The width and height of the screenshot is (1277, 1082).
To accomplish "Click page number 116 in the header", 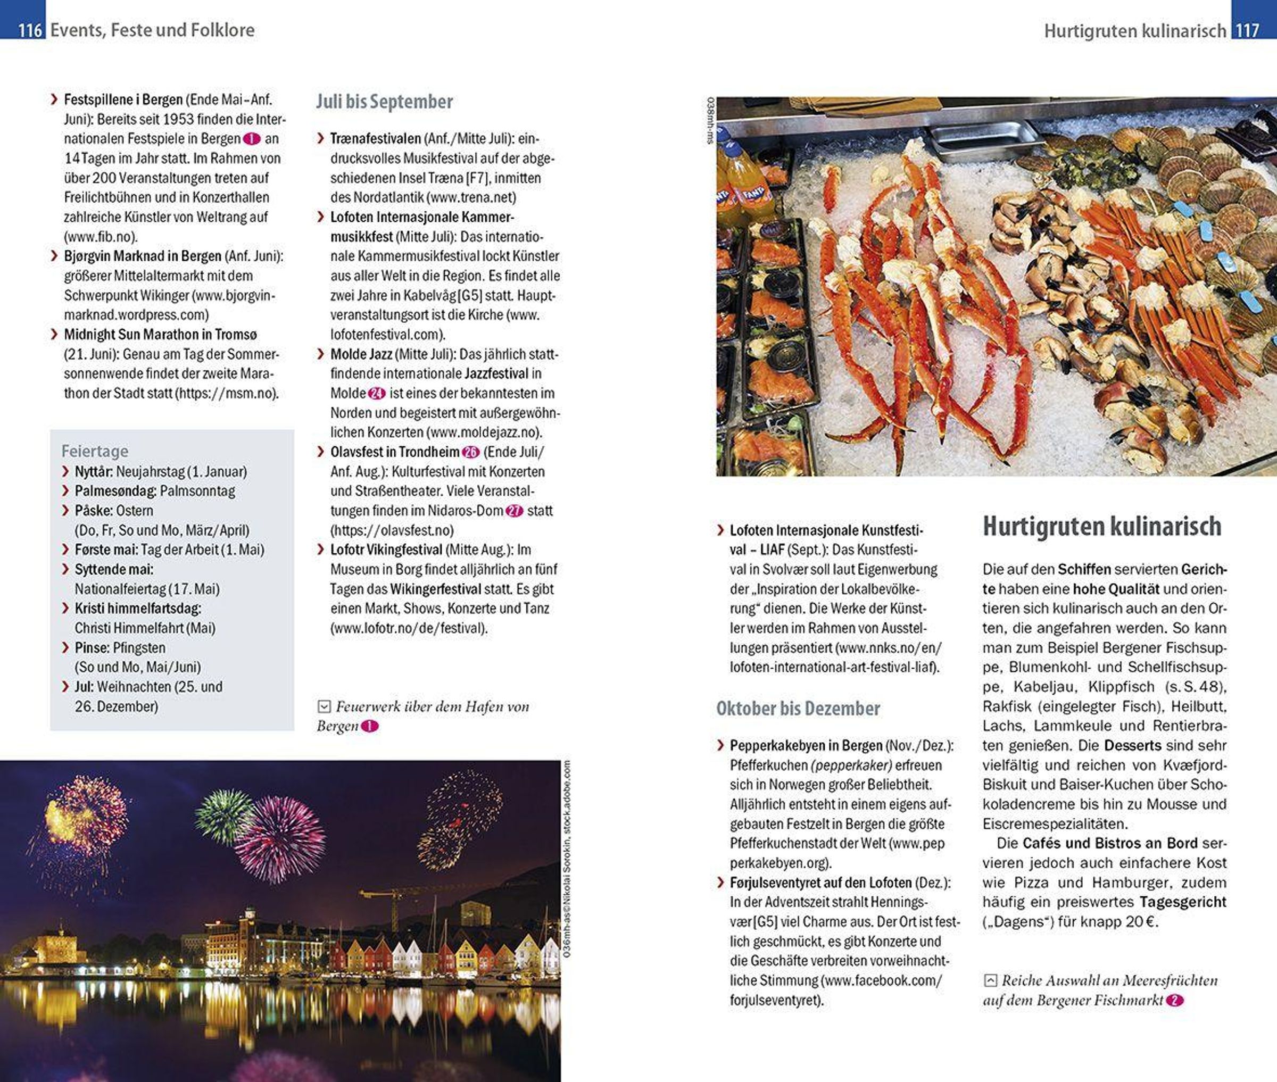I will click(x=29, y=30).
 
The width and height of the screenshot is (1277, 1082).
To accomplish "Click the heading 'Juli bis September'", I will click(x=385, y=102).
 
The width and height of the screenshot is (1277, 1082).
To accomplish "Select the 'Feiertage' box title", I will click(x=95, y=451).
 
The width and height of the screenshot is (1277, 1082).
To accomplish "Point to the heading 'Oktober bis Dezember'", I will click(x=798, y=709).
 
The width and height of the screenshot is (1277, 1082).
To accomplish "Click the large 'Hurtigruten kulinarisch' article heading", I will click(x=1101, y=526).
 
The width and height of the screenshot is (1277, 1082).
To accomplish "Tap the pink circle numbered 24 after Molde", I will click(x=376, y=393).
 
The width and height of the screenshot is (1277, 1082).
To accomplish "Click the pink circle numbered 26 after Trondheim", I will click(x=470, y=452).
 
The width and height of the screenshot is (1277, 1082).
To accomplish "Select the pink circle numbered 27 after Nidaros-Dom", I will click(x=514, y=510).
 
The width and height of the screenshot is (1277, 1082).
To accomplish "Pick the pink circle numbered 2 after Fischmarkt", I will click(x=1174, y=1001).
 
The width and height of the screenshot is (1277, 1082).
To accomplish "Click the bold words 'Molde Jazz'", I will click(x=361, y=354).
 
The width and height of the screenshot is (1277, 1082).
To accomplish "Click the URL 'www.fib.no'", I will click(x=101, y=237).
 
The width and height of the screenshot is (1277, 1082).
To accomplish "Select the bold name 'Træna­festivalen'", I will click(x=375, y=139).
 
